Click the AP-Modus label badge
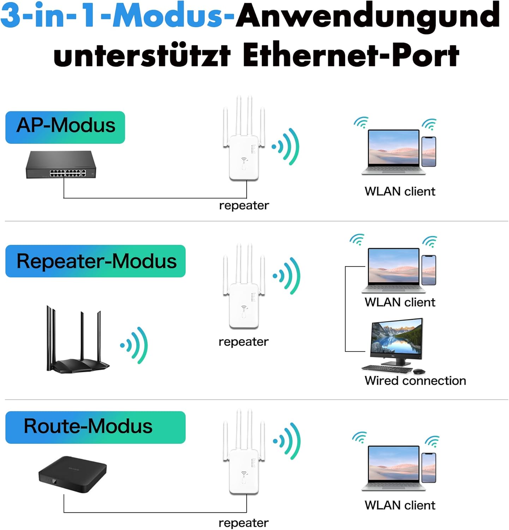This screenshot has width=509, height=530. tap(65, 127)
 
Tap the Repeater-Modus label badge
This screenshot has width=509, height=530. tap(95, 261)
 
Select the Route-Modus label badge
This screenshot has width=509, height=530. tap(95, 427)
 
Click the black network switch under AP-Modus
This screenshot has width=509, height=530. tap(61, 165)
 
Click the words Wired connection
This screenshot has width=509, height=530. tap(415, 381)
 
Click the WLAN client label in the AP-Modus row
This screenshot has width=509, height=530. tap(400, 191)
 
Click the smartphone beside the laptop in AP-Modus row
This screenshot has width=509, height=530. tap(429, 152)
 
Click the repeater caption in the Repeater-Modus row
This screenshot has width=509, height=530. tap(244, 342)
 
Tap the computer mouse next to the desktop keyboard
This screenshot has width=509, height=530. tap(419, 371)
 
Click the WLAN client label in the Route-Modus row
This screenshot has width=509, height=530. tap(400, 505)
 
